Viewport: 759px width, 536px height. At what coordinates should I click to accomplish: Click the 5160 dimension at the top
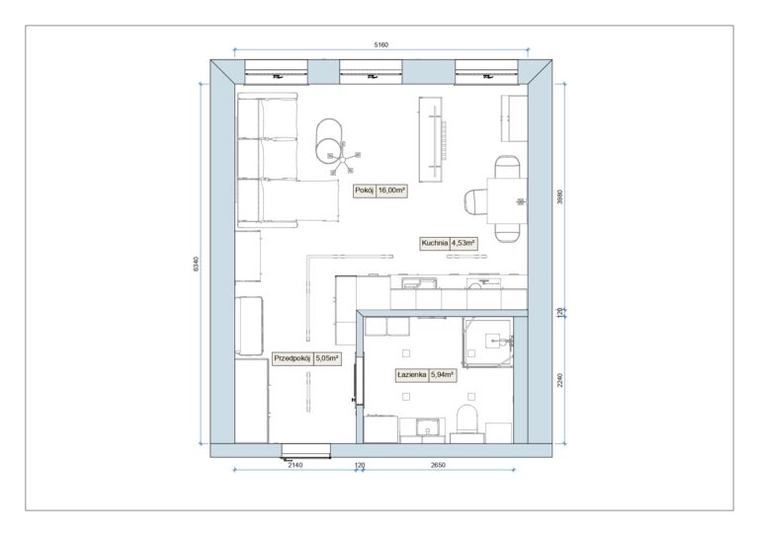380,45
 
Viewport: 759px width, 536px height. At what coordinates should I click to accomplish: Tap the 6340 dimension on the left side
196,264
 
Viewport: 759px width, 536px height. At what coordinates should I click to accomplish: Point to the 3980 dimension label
560,196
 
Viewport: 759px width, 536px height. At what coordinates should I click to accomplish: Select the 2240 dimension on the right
560,380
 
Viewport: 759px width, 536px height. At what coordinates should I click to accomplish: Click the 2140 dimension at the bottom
295,465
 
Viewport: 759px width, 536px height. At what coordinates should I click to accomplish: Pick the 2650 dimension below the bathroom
438,465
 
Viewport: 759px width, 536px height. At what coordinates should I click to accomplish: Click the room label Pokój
364,191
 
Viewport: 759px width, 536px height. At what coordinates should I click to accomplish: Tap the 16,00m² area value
391,191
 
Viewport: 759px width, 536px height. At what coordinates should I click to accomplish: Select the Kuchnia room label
434,243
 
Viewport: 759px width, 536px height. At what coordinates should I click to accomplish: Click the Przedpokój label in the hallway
292,358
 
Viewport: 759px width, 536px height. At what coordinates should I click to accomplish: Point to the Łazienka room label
411,374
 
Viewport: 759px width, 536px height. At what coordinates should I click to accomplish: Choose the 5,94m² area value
442,374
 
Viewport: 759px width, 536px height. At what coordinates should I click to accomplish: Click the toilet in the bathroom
467,422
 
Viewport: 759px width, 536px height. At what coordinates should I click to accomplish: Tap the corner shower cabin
487,343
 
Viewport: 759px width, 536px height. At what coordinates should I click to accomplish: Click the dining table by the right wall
507,200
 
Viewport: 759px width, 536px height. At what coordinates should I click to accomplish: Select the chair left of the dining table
475,200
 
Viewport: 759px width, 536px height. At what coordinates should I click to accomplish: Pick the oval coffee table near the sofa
330,140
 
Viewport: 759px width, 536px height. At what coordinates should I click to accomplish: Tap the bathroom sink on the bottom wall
427,430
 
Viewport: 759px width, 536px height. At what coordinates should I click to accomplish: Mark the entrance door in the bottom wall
306,450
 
